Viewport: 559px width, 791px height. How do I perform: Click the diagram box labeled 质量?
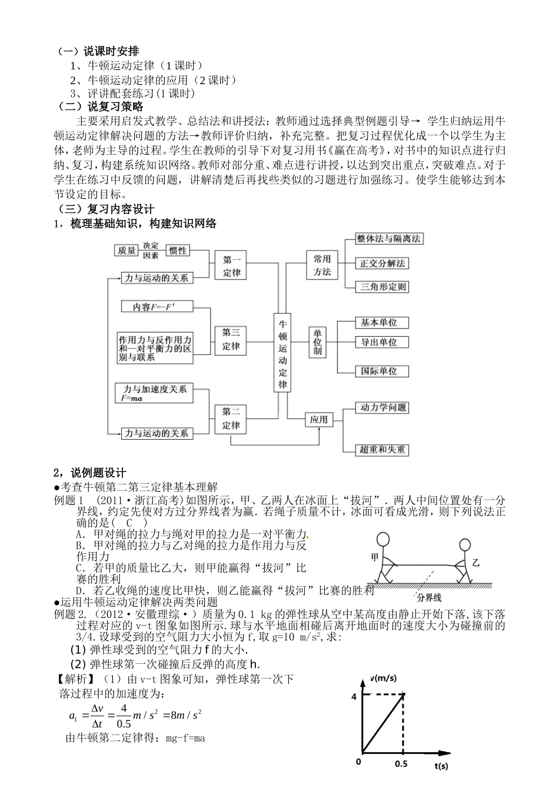[x=126, y=251]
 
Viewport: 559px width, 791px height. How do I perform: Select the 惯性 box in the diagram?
[x=178, y=251]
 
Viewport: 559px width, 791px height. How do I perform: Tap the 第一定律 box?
[x=231, y=265]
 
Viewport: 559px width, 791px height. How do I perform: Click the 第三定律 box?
[x=231, y=339]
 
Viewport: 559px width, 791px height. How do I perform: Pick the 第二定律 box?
[x=231, y=418]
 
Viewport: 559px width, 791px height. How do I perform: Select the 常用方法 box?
[x=322, y=265]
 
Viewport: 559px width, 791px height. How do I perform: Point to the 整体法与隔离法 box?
[x=389, y=238]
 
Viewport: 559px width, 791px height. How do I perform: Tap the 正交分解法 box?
[x=382, y=263]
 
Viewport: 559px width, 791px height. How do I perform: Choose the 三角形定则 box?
[x=382, y=287]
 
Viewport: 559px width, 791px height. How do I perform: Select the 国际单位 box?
[x=378, y=371]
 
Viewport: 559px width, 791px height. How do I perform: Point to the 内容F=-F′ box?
[x=157, y=307]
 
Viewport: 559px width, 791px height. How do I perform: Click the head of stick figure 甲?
[x=383, y=540]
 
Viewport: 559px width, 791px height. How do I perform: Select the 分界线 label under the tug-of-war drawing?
[x=428, y=597]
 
